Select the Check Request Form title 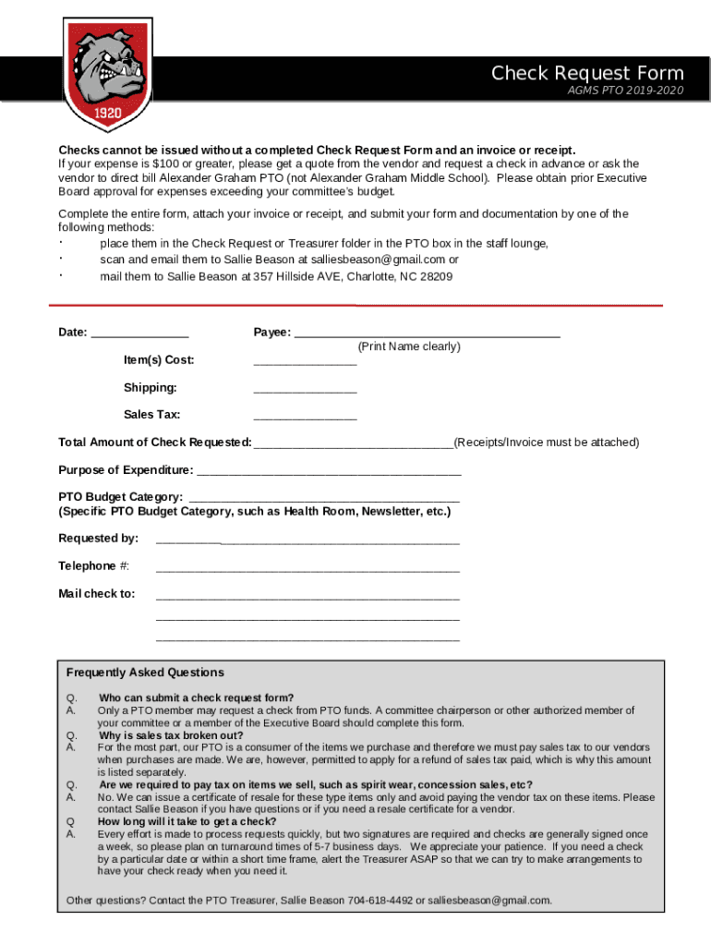click(587, 73)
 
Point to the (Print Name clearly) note click(409, 346)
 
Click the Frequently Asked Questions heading click(145, 673)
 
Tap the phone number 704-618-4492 click(380, 900)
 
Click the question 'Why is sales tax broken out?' click(171, 735)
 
